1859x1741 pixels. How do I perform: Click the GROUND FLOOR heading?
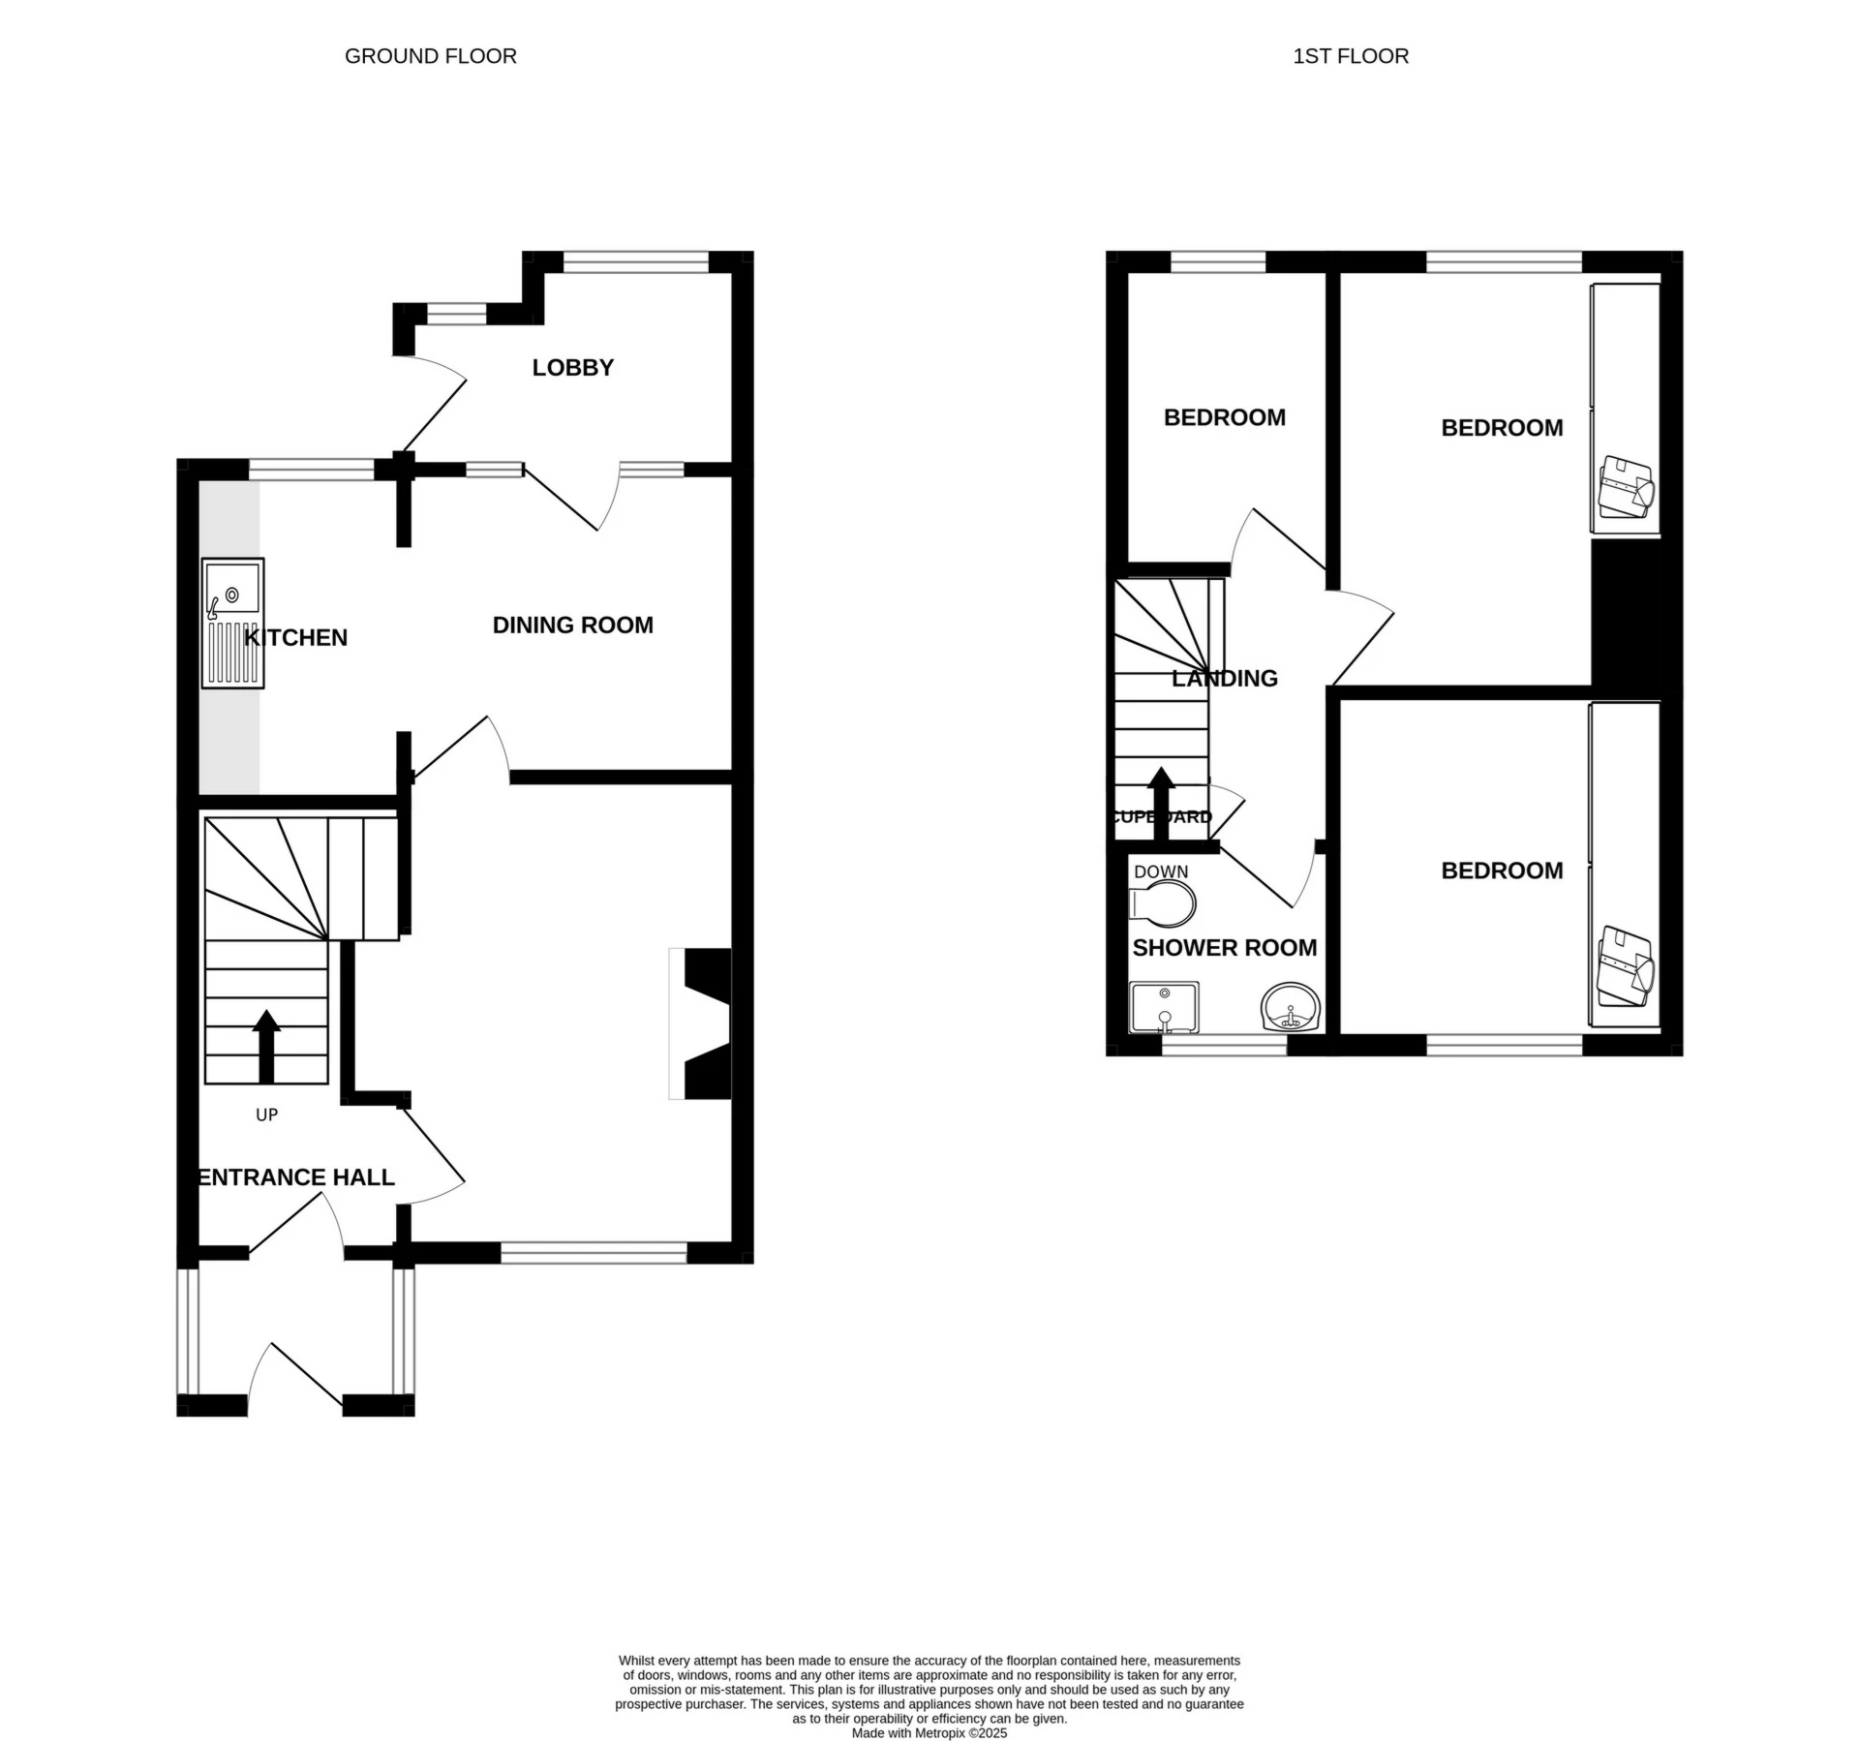[x=431, y=56]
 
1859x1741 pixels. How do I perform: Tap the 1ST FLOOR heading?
[x=1351, y=56]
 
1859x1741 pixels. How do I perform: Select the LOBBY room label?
[x=573, y=368]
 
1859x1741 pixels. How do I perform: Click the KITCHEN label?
[x=296, y=637]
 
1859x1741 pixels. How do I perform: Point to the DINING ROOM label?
[x=573, y=626]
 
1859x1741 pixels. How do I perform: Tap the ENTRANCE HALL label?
[x=296, y=1177]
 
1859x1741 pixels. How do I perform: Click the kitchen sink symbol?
[x=232, y=624]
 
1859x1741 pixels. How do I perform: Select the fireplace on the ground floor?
[x=700, y=1023]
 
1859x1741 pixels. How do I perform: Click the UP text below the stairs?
[x=267, y=1115]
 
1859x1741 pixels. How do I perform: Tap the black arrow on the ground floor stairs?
[x=266, y=1047]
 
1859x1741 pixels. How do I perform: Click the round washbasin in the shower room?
[x=1291, y=1008]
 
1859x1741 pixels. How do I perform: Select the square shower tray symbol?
[x=1165, y=1008]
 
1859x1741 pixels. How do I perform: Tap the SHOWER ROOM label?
[x=1225, y=948]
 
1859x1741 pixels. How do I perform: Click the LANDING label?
[x=1225, y=679]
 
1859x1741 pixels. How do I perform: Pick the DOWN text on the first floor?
[x=1161, y=871]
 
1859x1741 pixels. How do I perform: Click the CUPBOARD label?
[x=1161, y=817]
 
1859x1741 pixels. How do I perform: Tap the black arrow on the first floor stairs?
[x=1161, y=804]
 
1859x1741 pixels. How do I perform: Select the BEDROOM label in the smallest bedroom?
[x=1225, y=417]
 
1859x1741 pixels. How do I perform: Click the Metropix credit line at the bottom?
[x=929, y=1733]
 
